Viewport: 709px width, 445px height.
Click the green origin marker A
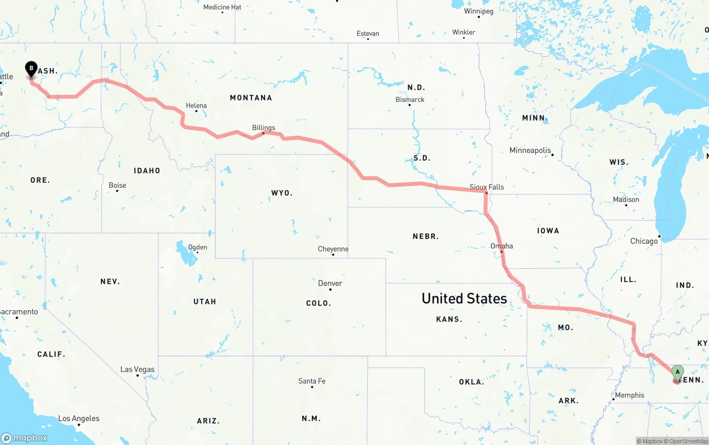coord(677,372)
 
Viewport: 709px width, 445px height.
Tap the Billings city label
coord(264,127)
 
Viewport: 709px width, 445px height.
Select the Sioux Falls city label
coord(487,187)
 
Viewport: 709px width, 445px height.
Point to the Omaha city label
coord(502,246)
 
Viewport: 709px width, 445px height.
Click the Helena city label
coord(197,105)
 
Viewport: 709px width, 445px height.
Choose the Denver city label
coord(330,283)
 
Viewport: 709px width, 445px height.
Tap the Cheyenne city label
coord(333,249)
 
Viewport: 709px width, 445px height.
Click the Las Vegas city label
coord(138,370)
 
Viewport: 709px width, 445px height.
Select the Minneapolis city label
coord(531,150)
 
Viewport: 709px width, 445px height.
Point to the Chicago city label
coord(644,241)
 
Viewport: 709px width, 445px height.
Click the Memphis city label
coord(629,395)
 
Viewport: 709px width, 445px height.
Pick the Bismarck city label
coord(410,100)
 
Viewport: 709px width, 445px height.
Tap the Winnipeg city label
coord(479,11)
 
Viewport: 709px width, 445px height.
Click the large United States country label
coord(464,298)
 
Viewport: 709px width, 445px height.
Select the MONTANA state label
coord(251,98)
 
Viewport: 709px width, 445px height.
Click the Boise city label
coord(117,185)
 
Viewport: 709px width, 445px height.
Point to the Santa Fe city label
coord(312,381)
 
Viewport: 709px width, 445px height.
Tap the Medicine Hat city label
coord(222,7)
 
